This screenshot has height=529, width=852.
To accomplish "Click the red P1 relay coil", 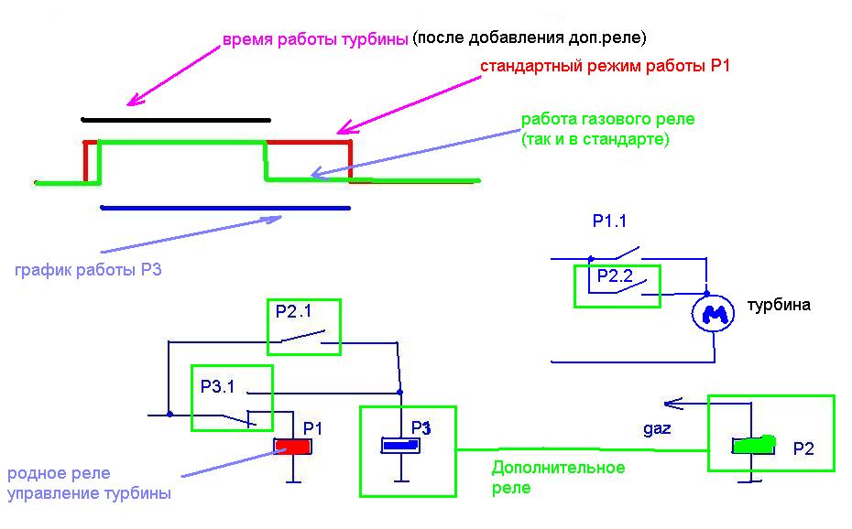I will click(x=294, y=447).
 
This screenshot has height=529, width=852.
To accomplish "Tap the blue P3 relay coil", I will click(x=400, y=446).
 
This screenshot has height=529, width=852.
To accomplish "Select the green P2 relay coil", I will click(x=753, y=446).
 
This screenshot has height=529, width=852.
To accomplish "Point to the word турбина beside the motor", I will click(x=779, y=305).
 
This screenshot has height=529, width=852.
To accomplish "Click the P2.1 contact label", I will click(x=294, y=311).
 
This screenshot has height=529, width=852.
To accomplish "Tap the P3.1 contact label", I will click(x=218, y=386).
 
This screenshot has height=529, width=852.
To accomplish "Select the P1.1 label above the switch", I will click(x=610, y=221).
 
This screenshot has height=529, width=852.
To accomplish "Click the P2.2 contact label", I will click(x=616, y=274).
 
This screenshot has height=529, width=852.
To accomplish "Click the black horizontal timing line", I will click(x=176, y=120).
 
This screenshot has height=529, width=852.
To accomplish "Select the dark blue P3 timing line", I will click(x=225, y=208).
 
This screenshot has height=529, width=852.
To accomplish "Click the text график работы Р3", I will click(x=88, y=270).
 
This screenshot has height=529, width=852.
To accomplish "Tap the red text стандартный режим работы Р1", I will click(x=605, y=68).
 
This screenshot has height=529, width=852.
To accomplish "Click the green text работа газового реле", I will click(x=607, y=120).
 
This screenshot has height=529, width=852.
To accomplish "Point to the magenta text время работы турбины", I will click(x=315, y=40).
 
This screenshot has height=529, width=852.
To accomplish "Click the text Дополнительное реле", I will click(x=558, y=477).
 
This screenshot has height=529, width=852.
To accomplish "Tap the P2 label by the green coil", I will click(x=803, y=448).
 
